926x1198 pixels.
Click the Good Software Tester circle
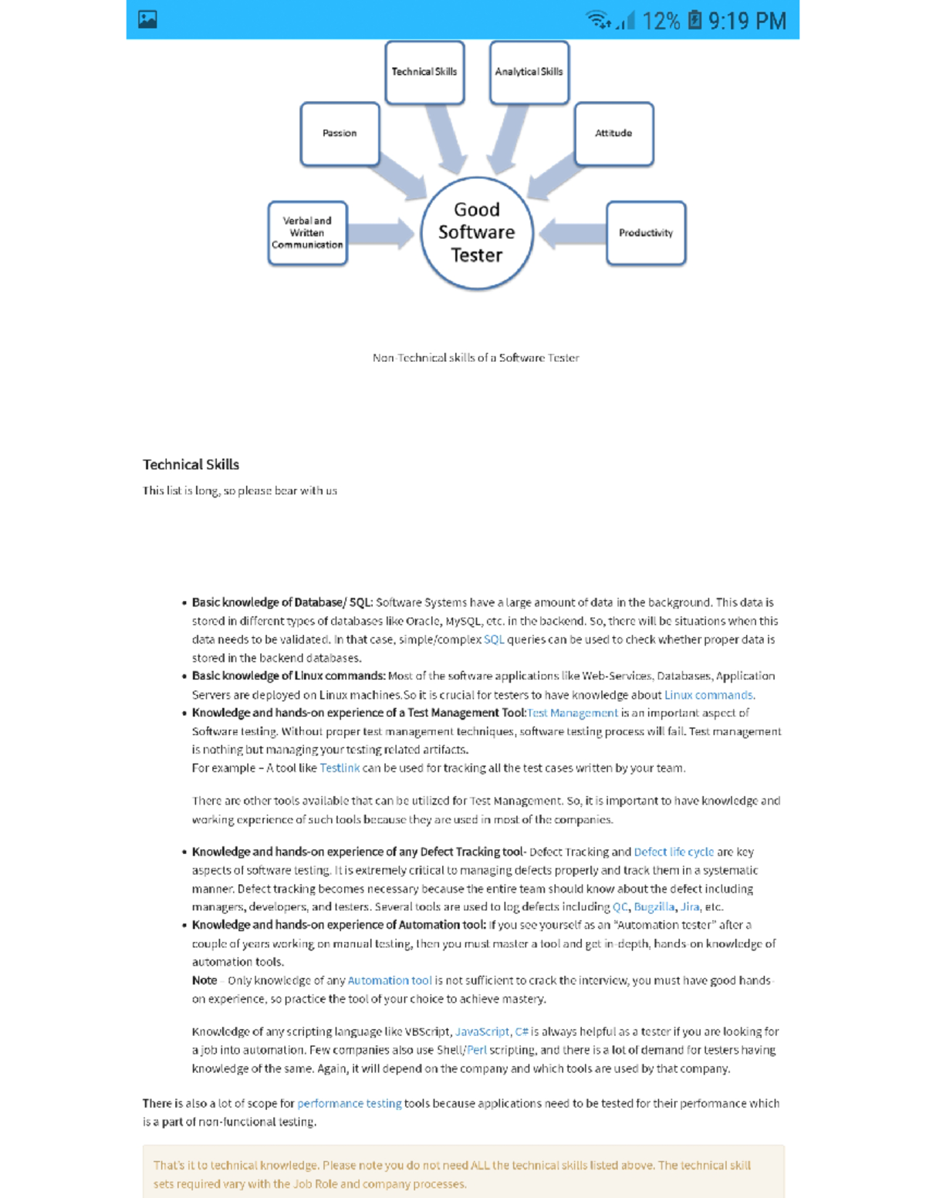coord(477,232)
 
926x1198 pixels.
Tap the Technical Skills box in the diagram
coord(424,72)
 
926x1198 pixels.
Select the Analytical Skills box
coord(529,72)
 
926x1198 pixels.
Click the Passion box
coord(340,133)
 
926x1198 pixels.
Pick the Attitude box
coord(613,133)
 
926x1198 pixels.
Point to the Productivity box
coord(646,233)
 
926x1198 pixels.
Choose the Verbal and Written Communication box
coord(307,233)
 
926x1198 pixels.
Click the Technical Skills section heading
coord(191,464)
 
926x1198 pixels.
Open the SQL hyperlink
coord(494,639)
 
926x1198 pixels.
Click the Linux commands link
coord(708,695)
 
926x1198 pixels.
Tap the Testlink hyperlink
coord(340,768)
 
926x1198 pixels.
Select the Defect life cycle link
coord(674,852)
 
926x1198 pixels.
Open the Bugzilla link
coord(654,907)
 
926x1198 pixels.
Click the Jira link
coord(690,907)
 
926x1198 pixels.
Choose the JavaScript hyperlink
coord(482,1032)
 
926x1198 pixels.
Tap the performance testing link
coord(349,1104)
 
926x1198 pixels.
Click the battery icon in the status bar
coord(694,20)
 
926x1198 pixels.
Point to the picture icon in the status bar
coord(147,19)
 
